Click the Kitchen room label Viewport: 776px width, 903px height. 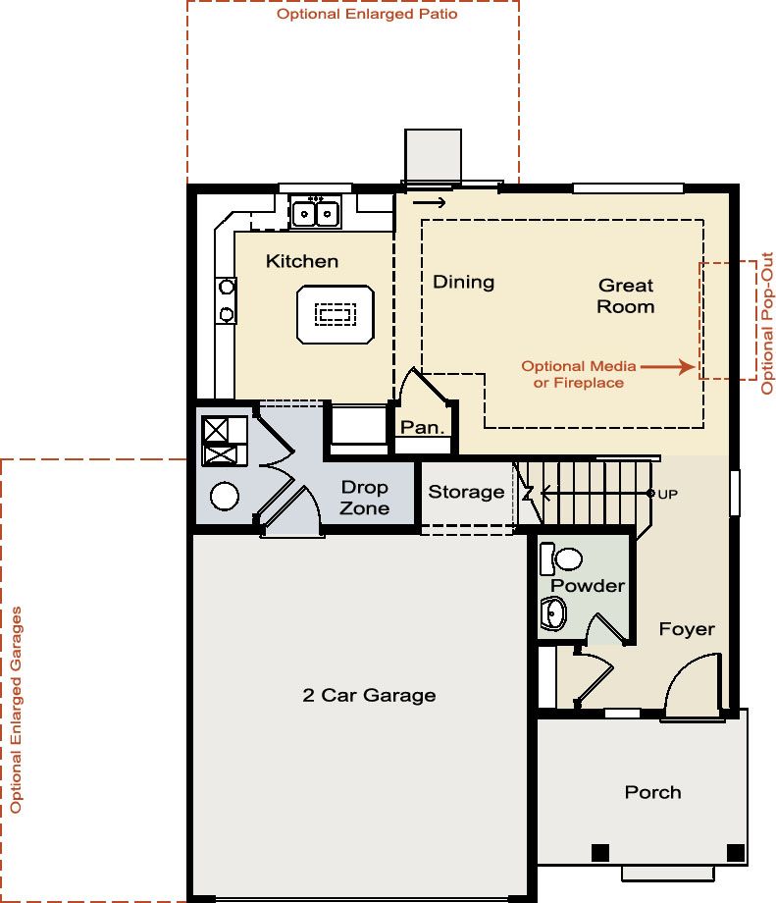(x=301, y=261)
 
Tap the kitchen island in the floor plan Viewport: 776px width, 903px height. (x=336, y=314)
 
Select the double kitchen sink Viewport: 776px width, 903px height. (x=316, y=213)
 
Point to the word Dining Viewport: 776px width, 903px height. (x=463, y=283)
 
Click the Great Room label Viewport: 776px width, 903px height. (x=626, y=296)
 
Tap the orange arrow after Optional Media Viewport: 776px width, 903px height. (x=668, y=366)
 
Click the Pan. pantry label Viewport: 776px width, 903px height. (x=423, y=427)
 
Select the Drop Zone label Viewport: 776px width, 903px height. (x=364, y=498)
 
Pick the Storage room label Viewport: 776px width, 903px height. (x=466, y=492)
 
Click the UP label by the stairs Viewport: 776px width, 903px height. (x=667, y=494)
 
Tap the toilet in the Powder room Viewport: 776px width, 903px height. (x=561, y=558)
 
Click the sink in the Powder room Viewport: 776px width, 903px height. (x=553, y=613)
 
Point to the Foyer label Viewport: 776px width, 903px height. (x=687, y=629)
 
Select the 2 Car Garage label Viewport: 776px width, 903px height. (x=369, y=695)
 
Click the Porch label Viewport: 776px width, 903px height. (x=652, y=792)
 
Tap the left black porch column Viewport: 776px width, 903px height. (x=600, y=853)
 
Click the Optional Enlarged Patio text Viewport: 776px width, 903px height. (x=367, y=14)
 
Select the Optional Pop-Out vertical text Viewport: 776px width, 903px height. (x=767, y=323)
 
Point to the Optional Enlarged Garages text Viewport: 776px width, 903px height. (x=16, y=710)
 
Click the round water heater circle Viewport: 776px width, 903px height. (x=225, y=496)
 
